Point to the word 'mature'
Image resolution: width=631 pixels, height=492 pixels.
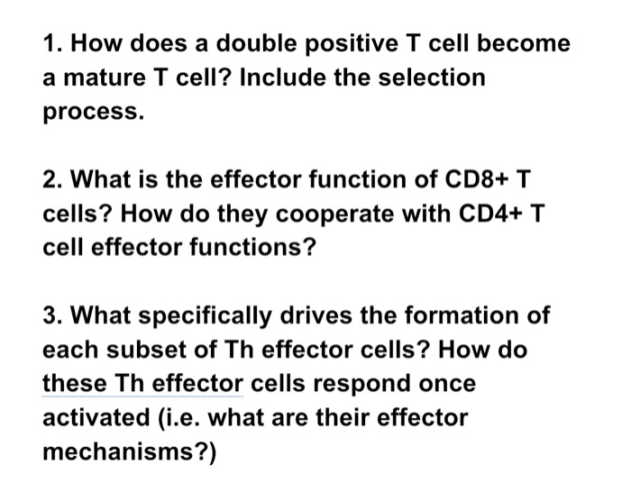(105, 77)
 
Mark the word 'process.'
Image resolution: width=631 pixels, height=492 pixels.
(94, 113)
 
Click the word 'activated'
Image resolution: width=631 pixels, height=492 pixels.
(96, 417)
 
